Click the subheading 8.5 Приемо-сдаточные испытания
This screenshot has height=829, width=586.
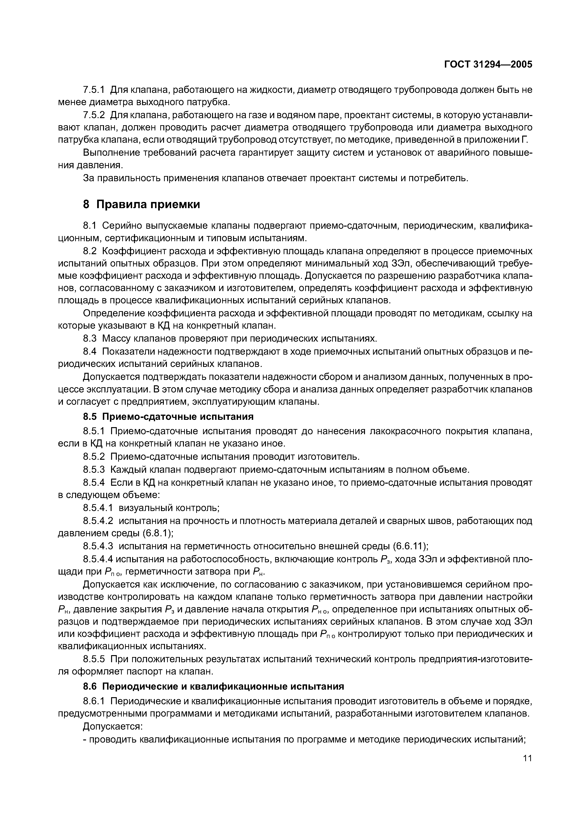coord(168,417)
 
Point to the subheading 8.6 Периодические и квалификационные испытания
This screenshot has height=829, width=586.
coord(213,686)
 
